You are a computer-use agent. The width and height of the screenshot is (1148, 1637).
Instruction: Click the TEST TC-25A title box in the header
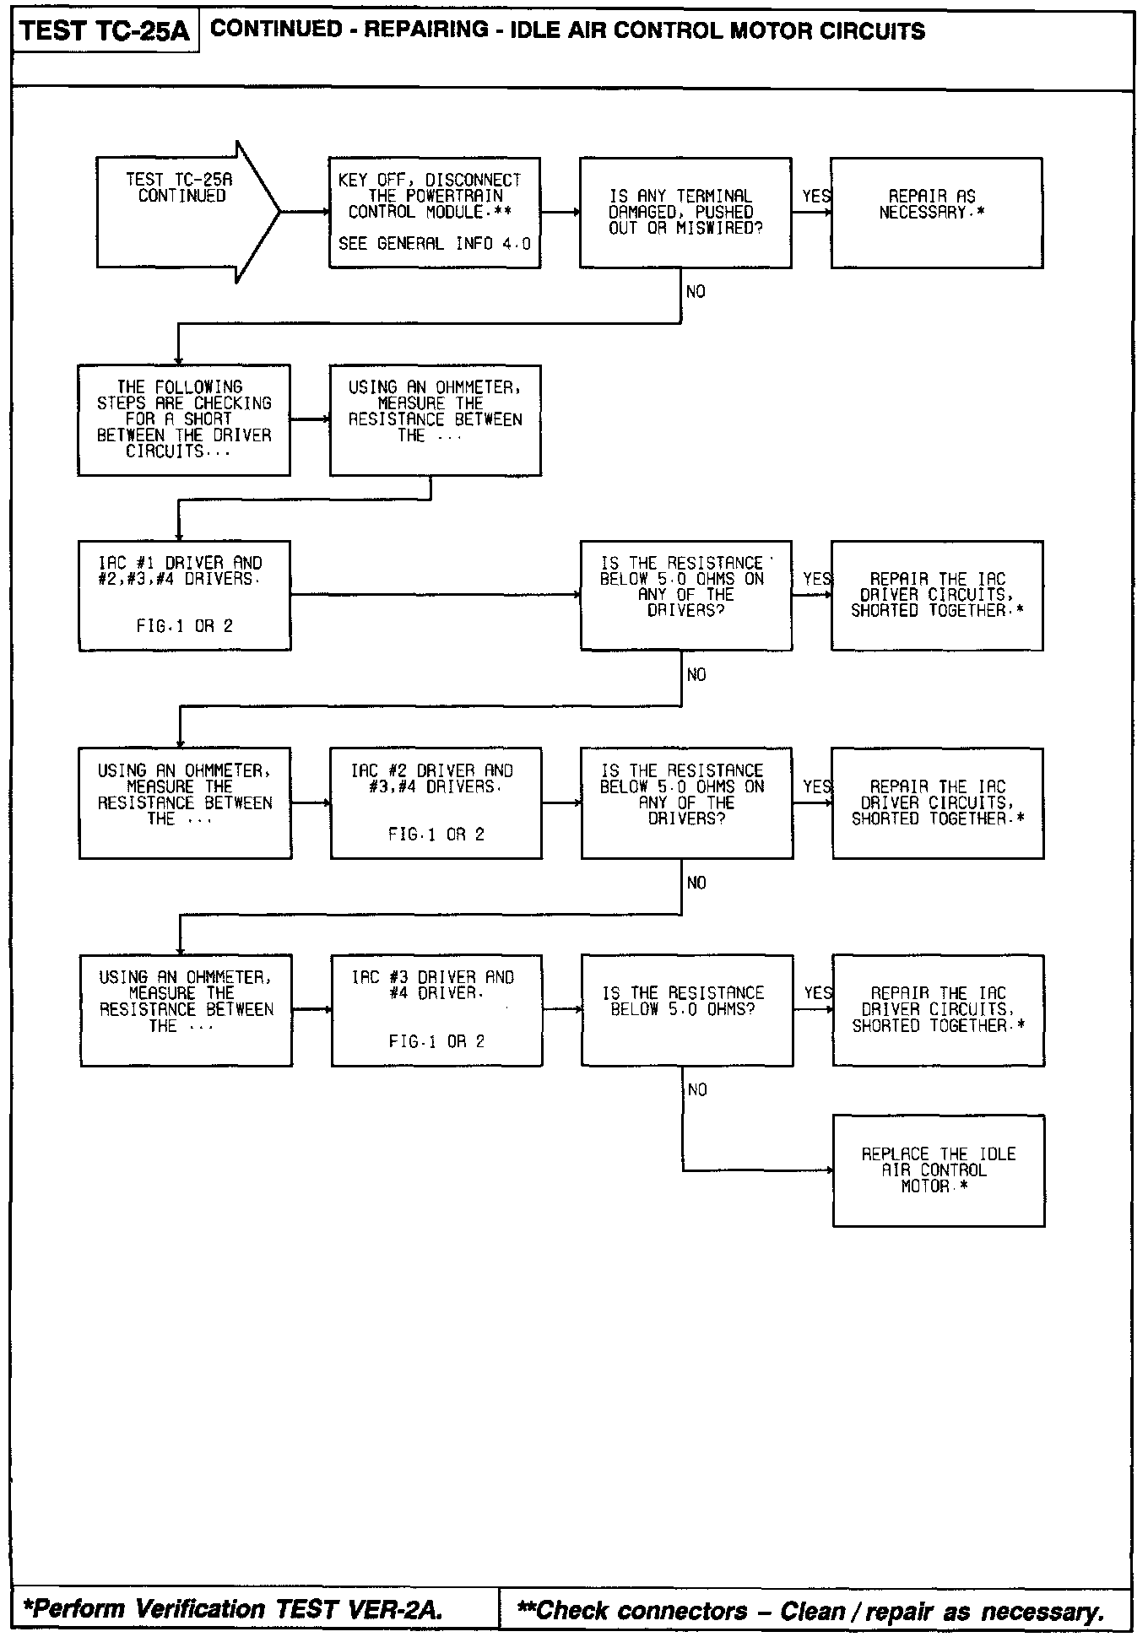[105, 32]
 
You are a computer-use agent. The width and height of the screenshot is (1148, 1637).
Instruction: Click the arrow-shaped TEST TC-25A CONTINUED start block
[181, 211]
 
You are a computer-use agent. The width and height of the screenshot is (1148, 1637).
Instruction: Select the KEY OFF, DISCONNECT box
[434, 213]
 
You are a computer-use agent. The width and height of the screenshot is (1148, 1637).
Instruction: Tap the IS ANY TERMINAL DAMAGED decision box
[685, 213]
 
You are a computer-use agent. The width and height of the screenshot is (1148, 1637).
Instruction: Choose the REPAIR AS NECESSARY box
[936, 213]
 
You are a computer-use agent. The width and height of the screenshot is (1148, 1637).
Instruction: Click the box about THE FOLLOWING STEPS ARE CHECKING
[184, 420]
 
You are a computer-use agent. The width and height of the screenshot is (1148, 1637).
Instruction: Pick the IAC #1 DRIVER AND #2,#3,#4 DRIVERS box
[184, 596]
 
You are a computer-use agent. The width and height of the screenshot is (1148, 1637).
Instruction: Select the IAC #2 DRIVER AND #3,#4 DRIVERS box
[436, 802]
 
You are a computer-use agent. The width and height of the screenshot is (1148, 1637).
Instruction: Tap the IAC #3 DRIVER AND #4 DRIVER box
[436, 1010]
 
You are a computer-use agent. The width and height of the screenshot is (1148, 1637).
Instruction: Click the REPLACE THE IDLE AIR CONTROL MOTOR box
[938, 1170]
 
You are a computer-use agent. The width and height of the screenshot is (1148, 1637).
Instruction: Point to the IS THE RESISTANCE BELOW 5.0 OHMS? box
[686, 1010]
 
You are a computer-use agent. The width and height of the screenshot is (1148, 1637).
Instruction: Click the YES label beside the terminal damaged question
[816, 197]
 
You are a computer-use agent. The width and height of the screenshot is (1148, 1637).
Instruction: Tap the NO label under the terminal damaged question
[696, 292]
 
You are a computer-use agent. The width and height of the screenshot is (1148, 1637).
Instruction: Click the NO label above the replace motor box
[697, 1090]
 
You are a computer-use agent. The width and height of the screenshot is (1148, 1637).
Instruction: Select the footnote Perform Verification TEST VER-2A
[234, 1609]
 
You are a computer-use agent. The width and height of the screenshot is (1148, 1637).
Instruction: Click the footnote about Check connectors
[810, 1611]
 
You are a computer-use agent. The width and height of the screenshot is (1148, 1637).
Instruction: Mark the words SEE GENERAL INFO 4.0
[435, 244]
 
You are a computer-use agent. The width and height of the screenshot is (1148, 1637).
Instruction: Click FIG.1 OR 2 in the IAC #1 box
[184, 627]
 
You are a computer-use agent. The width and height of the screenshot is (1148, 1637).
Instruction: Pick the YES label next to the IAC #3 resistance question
[818, 993]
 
